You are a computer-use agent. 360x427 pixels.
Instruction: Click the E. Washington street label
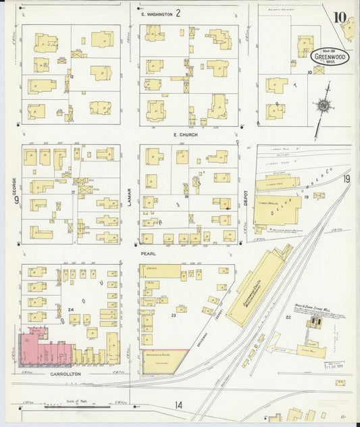(155, 14)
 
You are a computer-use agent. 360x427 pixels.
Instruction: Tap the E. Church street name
(184, 134)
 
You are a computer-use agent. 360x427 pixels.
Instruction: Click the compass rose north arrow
(324, 105)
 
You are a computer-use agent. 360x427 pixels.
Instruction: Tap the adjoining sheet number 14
(178, 405)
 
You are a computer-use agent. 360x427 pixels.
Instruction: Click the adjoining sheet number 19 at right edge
(346, 179)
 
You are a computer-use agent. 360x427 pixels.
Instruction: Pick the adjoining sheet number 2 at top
(178, 13)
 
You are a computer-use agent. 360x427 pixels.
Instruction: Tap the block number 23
(174, 315)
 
